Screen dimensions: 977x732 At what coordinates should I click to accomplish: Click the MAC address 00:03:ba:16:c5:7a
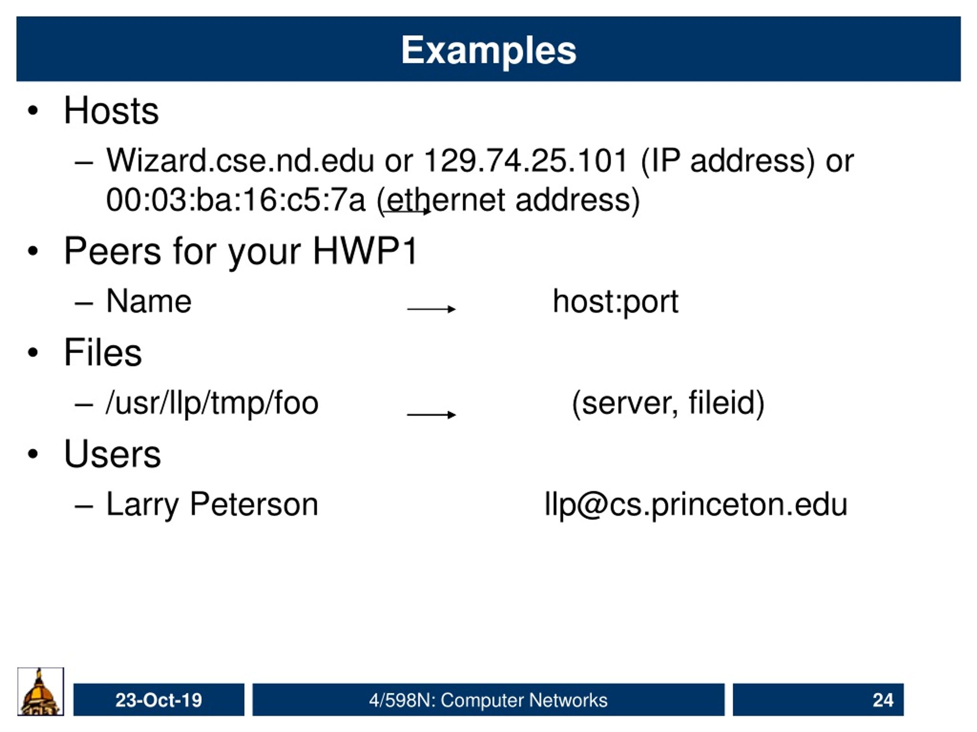[236, 200]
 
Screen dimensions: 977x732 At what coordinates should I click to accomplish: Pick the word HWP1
[365, 251]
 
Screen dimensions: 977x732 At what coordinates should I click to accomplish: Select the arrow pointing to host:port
[431, 309]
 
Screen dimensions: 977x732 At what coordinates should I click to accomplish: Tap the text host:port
[615, 303]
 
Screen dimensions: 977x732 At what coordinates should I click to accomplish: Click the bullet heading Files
[103, 353]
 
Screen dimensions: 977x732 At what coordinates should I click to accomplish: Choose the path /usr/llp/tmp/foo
[212, 403]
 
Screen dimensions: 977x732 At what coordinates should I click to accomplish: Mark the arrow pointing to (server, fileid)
[431, 414]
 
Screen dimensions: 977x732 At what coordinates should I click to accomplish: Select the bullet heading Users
[112, 454]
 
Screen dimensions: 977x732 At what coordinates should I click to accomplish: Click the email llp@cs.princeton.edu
[696, 505]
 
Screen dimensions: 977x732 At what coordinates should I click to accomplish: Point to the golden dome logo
[40, 692]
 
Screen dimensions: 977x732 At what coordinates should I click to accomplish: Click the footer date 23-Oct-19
[158, 700]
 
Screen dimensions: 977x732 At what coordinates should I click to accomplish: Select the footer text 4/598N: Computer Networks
[488, 700]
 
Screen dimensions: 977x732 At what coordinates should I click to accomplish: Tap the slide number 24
[883, 700]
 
